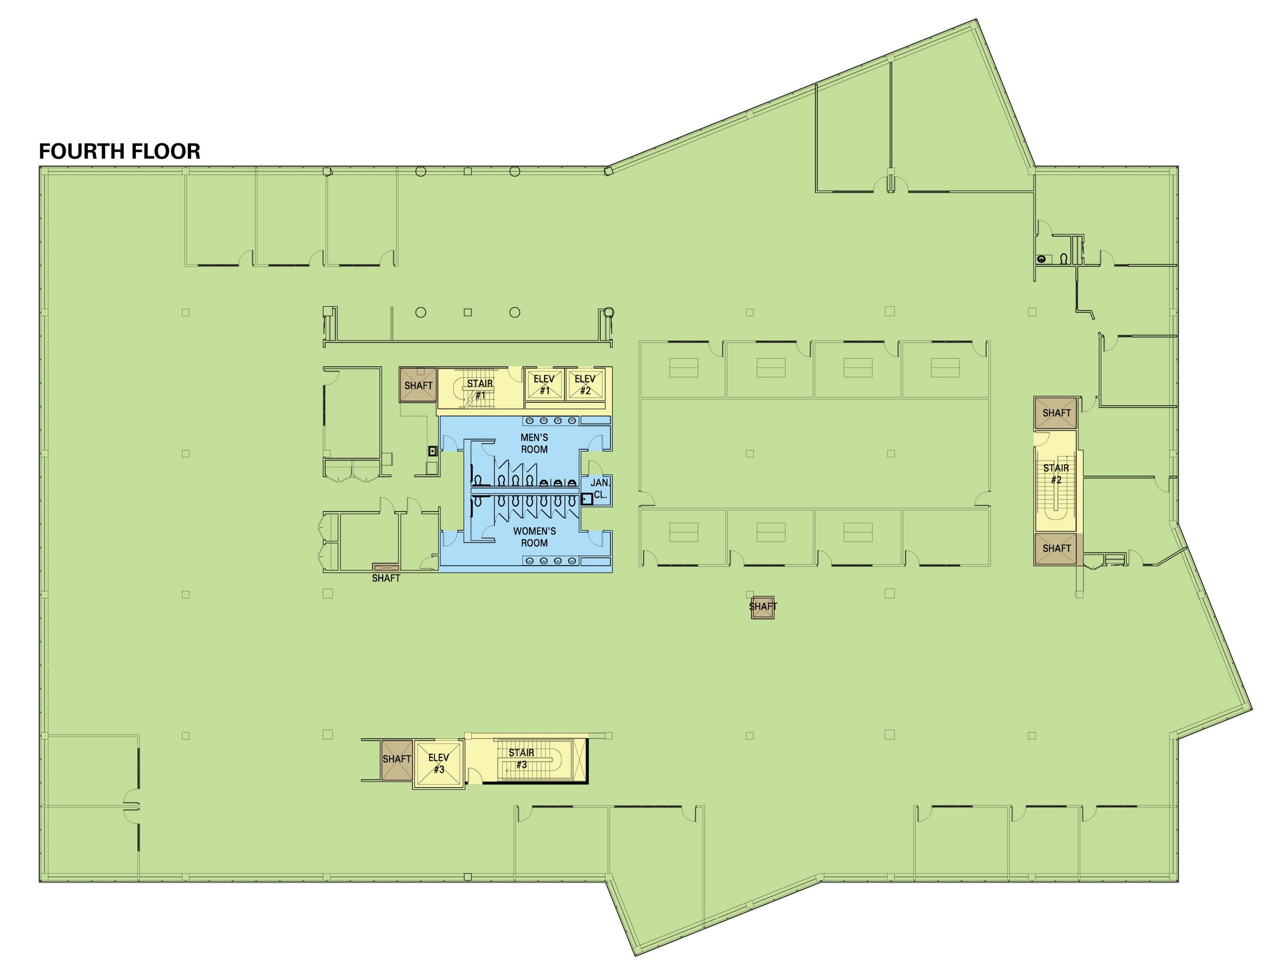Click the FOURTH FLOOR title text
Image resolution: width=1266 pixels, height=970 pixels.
click(x=119, y=151)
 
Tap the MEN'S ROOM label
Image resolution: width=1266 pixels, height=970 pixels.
click(x=534, y=443)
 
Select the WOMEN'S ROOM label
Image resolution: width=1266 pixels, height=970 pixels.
click(x=534, y=537)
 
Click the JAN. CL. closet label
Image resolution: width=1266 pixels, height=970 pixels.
click(x=600, y=488)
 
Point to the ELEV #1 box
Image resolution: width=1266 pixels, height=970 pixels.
click(x=545, y=384)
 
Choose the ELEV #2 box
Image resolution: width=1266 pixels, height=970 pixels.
click(x=585, y=384)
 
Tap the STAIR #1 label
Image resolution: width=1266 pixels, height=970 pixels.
click(x=480, y=389)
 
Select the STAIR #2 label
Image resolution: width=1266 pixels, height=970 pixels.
click(x=1056, y=474)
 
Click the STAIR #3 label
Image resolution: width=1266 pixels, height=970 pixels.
click(x=521, y=758)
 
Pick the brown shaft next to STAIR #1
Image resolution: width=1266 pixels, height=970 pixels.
click(x=418, y=385)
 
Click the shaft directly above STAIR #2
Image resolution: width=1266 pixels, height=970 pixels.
click(x=1056, y=412)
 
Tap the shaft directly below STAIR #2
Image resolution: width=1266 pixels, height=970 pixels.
click(x=1056, y=548)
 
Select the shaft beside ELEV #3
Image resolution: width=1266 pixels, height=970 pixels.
click(x=396, y=759)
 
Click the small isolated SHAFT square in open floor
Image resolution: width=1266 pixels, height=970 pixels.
click(x=762, y=606)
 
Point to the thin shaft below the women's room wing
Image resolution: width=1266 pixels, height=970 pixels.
click(x=386, y=567)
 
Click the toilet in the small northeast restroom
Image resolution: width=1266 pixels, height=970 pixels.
click(x=1064, y=259)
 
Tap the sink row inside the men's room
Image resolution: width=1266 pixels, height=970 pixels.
click(x=551, y=420)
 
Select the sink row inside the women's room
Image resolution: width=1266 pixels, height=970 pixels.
click(x=551, y=561)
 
